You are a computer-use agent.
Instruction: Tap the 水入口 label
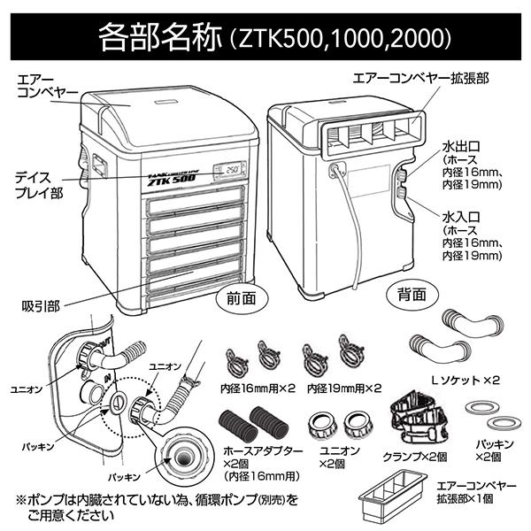click(x=462, y=216)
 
